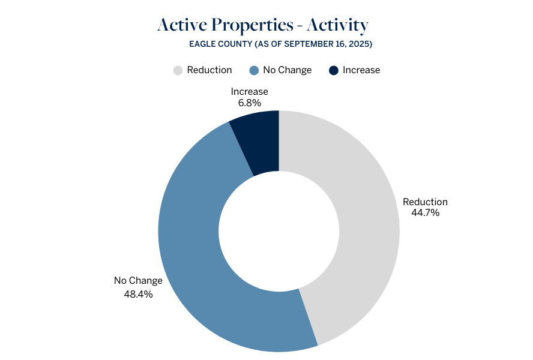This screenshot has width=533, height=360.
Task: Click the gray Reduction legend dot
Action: [x=178, y=70]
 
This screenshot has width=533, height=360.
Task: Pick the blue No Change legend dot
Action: [x=254, y=70]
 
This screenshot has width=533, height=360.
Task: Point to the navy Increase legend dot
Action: [x=334, y=70]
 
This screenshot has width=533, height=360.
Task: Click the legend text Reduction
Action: [x=209, y=70]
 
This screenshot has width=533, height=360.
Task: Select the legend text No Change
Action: [x=288, y=70]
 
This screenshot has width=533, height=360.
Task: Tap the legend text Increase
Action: [x=361, y=70]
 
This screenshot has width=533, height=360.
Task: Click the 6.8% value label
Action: [x=250, y=103]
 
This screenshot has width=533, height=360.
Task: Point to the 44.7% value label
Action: [x=425, y=213]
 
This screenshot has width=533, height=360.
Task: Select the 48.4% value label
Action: [x=138, y=294]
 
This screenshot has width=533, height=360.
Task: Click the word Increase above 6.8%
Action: [x=250, y=91]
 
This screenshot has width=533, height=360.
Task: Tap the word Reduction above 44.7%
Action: [x=425, y=202]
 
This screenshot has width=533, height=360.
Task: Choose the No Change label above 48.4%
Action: [x=138, y=280]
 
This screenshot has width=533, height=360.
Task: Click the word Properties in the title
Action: [x=252, y=25]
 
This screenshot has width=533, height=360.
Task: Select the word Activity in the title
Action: [x=337, y=25]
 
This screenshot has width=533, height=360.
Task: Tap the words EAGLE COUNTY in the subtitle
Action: [x=221, y=44]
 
